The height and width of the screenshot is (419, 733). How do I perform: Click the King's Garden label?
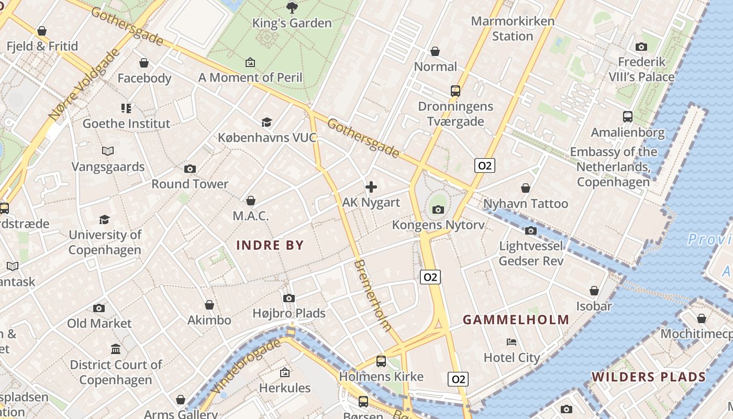pyautogui.click(x=292, y=23)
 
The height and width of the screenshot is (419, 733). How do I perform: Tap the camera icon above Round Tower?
pyautogui.click(x=190, y=169)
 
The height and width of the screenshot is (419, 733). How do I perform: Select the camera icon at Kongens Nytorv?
pyautogui.click(x=438, y=210)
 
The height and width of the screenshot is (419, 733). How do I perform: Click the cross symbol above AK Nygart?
pyautogui.click(x=371, y=187)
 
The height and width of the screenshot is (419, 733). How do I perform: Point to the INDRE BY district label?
pyautogui.click(x=270, y=245)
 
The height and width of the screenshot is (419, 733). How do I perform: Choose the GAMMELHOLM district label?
pyautogui.click(x=516, y=319)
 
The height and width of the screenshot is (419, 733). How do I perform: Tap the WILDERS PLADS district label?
pyautogui.click(x=649, y=377)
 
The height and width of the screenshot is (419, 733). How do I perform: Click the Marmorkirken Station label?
pyautogui.click(x=513, y=29)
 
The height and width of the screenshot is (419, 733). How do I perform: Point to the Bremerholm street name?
pyautogui.click(x=373, y=295)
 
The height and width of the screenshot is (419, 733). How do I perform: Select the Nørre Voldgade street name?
pyautogui.click(x=83, y=84)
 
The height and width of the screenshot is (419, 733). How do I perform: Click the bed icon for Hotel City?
pyautogui.click(x=512, y=342)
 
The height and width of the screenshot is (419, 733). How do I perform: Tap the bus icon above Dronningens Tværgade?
pyautogui.click(x=456, y=91)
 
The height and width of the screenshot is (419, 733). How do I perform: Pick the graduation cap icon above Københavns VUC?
pyautogui.click(x=267, y=122)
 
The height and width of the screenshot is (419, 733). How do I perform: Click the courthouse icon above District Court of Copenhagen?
pyautogui.click(x=116, y=349)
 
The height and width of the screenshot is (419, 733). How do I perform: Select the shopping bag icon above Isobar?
pyautogui.click(x=594, y=291)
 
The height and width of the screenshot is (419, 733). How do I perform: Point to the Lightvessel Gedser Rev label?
pyautogui.click(x=531, y=253)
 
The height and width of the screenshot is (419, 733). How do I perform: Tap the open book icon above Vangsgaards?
pyautogui.click(x=108, y=151)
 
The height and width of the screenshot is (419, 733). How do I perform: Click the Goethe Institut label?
pyautogui.click(x=126, y=124)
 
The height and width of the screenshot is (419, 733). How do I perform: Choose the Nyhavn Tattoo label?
pyautogui.click(x=526, y=204)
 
